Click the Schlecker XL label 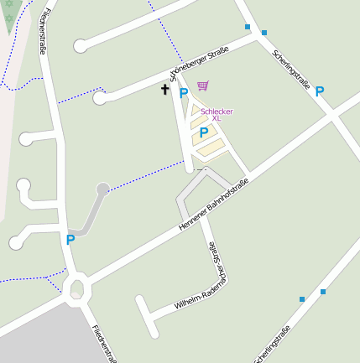(x=216, y=115)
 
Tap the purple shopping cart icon (x=203, y=86)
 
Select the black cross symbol (x=165, y=89)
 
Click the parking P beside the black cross (x=183, y=94)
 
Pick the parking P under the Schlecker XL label (x=204, y=132)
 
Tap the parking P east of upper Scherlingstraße (x=320, y=92)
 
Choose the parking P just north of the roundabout (x=70, y=240)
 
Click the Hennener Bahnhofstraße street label (x=215, y=206)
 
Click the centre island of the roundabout (x=76, y=289)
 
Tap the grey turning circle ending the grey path (x=103, y=189)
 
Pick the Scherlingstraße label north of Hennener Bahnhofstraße (x=291, y=69)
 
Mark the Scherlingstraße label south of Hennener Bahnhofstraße (x=273, y=345)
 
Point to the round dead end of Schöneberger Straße (x=100, y=98)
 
